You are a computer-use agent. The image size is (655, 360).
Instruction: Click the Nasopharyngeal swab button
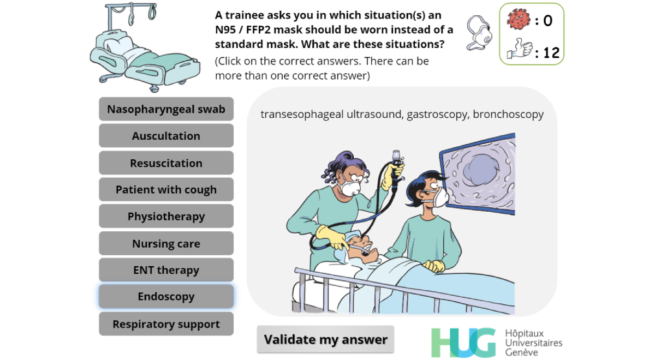[x=166, y=109]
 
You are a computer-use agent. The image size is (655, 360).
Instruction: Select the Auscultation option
[x=166, y=136]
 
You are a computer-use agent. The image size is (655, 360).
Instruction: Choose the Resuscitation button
[x=166, y=163]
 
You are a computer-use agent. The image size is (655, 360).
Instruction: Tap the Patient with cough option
[x=166, y=189]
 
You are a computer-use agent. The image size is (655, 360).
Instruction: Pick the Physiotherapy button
[x=166, y=216]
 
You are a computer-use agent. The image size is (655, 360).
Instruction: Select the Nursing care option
[x=166, y=243]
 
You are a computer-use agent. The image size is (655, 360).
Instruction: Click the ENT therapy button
[x=166, y=270]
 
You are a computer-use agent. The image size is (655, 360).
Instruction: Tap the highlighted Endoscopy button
[x=166, y=297]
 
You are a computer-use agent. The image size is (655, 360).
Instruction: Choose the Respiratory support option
[x=166, y=324]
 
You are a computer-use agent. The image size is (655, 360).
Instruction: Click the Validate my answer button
[x=325, y=339]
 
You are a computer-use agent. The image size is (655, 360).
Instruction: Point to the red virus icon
[x=519, y=19]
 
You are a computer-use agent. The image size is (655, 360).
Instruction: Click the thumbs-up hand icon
[x=520, y=49]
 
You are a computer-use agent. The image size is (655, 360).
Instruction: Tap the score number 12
[x=551, y=53]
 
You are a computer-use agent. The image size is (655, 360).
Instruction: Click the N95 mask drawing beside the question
[x=480, y=33]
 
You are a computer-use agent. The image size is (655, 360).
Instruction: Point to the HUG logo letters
[x=463, y=343]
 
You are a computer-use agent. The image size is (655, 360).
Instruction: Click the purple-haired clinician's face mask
[x=350, y=189]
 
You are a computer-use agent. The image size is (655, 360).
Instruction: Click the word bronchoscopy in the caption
[x=508, y=114]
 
